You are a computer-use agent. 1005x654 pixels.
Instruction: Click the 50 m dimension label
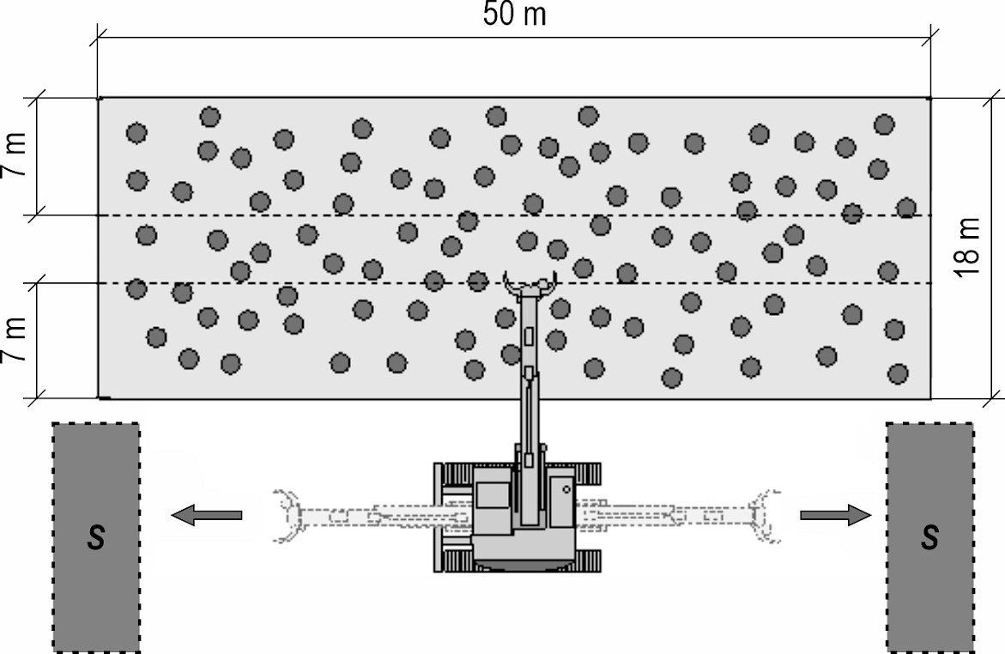(x=514, y=15)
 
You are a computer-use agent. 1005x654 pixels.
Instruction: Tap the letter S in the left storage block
(x=97, y=538)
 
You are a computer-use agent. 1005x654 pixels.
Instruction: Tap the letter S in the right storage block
(x=929, y=538)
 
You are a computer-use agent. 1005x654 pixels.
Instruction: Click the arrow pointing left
(x=207, y=515)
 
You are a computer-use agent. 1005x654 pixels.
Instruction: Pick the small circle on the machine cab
(x=566, y=489)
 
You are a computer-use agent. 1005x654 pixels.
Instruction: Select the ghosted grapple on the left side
(x=288, y=515)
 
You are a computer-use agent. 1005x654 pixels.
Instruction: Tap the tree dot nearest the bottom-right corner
(x=898, y=373)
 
